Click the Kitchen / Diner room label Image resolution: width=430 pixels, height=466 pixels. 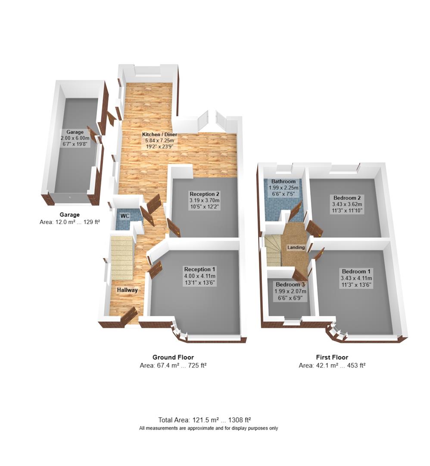pos(159,135)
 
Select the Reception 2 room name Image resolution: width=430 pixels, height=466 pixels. pos(205,194)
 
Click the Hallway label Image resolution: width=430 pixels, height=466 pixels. pos(127,290)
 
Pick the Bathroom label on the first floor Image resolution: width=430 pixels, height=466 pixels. pos(283,182)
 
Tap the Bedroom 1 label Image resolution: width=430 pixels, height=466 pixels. pos(357,271)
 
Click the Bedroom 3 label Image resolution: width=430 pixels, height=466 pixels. pos(290,285)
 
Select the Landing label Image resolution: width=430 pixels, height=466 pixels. pos(296,248)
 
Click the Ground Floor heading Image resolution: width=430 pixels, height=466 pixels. pos(173,357)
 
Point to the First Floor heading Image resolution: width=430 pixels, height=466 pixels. pos(332,357)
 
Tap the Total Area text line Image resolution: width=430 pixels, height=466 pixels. pos(205,420)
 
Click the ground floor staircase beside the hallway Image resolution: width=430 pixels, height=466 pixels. pos(122,258)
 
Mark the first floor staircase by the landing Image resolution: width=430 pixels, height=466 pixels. pos(273,250)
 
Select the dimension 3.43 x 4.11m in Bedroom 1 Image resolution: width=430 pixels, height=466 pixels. pos(357,278)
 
